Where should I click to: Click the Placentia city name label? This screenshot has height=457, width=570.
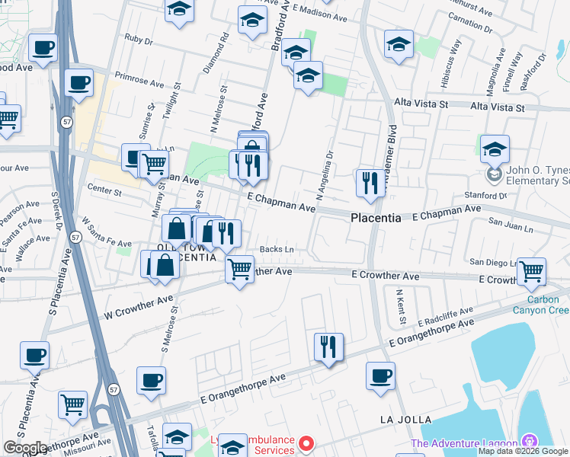(x=376, y=218)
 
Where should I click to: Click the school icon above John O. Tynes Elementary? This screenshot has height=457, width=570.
(x=495, y=150)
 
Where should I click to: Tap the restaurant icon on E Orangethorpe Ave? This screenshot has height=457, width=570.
(x=328, y=347)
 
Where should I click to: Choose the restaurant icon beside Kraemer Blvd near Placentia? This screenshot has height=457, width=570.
(x=370, y=183)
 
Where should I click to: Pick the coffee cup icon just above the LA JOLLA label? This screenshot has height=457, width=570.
(x=380, y=376)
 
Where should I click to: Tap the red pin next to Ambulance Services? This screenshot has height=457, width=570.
(x=306, y=443)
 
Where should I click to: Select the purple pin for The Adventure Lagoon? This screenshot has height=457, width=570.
(x=529, y=442)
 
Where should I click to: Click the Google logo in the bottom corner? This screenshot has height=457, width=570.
(x=25, y=448)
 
